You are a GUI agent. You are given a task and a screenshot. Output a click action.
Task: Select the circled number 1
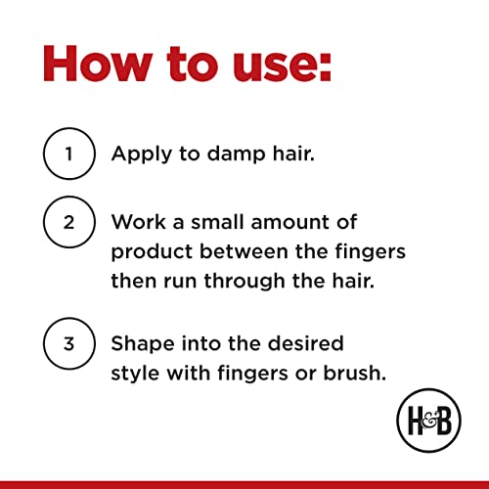(x=69, y=154)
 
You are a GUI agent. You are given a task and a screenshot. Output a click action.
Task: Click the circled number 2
(x=69, y=222)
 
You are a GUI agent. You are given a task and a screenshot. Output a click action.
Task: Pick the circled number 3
(x=69, y=343)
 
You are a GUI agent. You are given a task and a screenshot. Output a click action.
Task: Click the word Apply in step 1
(x=142, y=155)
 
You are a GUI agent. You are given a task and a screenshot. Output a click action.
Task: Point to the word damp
(x=237, y=153)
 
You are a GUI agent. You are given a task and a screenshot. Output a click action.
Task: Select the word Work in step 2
(x=139, y=222)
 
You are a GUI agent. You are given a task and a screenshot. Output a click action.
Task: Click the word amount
(x=290, y=222)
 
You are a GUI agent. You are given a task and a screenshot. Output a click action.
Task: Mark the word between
(x=244, y=251)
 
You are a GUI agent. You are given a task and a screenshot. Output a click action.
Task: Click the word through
(x=244, y=282)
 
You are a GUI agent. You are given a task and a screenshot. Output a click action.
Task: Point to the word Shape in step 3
(x=143, y=344)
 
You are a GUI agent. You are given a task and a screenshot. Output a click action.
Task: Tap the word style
(x=135, y=374)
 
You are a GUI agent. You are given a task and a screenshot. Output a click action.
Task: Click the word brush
(x=355, y=373)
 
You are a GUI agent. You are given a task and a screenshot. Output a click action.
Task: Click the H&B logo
(x=428, y=421)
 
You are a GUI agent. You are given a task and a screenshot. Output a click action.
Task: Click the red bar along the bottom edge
(x=244, y=485)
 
